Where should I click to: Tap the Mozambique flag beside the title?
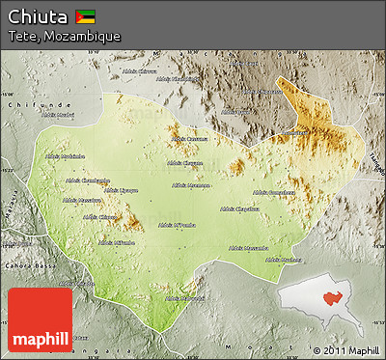point(86,16)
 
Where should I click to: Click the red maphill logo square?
point(40,319)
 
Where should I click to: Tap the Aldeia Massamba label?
point(247,247)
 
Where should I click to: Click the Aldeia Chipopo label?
point(99,217)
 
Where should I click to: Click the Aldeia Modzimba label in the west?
point(65,155)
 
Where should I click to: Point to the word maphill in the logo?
point(40,339)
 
